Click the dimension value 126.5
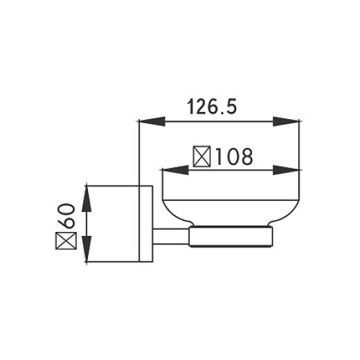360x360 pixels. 219,107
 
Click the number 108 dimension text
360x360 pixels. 231,157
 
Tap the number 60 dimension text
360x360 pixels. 66,218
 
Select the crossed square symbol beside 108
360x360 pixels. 202,157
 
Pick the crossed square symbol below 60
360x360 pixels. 66,243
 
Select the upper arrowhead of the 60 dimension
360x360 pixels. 87,197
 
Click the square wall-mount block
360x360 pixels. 114,225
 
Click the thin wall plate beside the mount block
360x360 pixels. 146,225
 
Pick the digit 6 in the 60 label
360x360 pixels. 66,224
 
